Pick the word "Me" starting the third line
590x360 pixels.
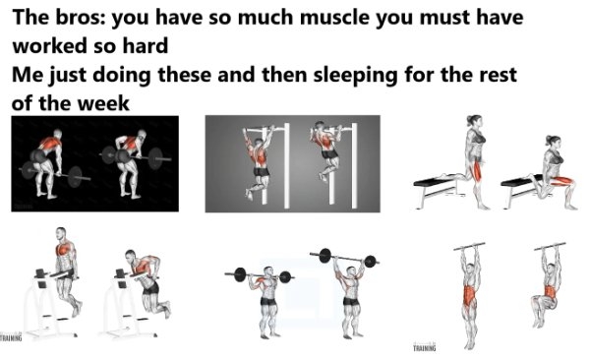point(28,75)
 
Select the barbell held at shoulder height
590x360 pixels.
point(259,276)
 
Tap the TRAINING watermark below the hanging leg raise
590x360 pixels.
point(424,346)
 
